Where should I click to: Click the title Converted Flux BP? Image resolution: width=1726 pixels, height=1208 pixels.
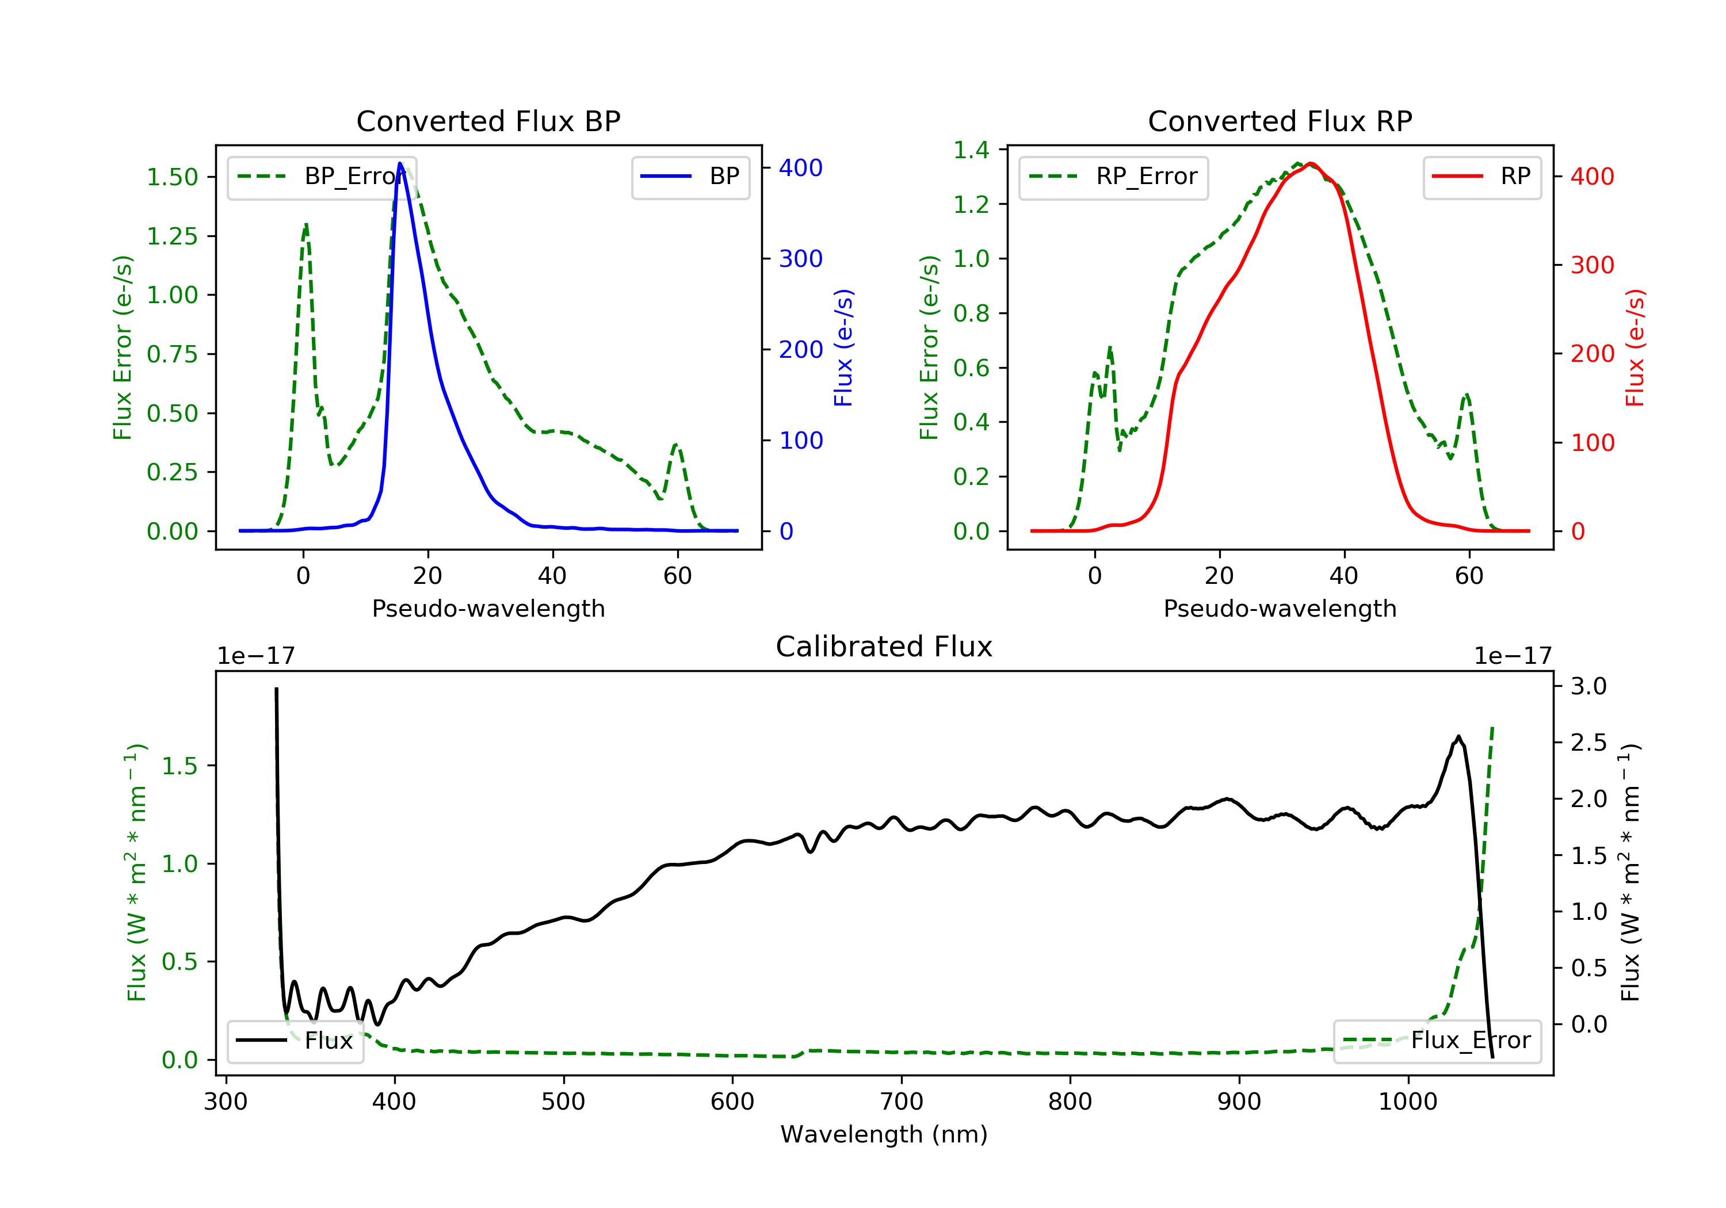tap(488, 121)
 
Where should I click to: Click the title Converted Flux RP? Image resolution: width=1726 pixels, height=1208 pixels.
tap(1280, 121)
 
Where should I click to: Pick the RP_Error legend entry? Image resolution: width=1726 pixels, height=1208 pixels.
tap(1113, 177)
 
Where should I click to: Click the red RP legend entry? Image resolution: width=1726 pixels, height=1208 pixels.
tap(1481, 177)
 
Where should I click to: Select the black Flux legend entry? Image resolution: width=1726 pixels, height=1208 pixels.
tap(296, 1041)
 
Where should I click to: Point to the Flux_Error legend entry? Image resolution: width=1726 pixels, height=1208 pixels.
tap(1437, 1041)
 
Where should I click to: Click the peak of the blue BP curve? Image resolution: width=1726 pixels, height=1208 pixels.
tap(400, 163)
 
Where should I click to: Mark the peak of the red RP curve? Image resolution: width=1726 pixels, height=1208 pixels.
tap(1310, 163)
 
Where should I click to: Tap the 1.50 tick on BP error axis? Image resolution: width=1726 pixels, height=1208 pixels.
tap(171, 177)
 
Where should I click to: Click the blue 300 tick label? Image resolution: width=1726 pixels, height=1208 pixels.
tap(801, 259)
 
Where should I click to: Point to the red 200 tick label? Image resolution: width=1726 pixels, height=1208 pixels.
tap(1592, 353)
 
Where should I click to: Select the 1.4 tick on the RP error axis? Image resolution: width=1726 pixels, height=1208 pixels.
tap(971, 150)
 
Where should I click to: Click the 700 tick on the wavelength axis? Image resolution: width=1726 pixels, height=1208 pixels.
tap(902, 1102)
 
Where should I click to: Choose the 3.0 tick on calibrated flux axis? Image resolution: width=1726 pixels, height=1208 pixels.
tap(1588, 686)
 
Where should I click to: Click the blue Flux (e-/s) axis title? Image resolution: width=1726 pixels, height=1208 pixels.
tap(843, 347)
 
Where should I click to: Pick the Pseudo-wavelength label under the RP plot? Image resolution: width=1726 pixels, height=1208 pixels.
tap(1280, 608)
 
